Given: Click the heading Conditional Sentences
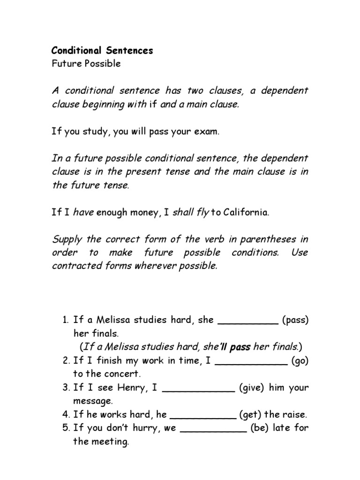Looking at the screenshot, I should tap(102, 51).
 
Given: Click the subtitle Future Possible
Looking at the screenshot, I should tap(86, 64).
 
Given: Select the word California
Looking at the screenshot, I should tap(246, 213).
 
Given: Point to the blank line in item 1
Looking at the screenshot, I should tap(248, 322).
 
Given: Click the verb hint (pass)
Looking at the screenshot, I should tap(295, 321).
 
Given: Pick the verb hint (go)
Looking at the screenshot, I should tap(300, 361).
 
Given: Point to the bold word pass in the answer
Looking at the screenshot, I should tap(240, 347).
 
